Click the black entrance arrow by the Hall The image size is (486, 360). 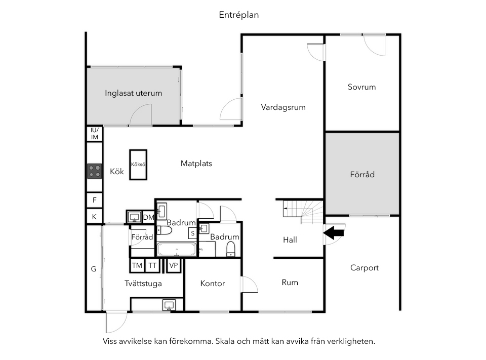point(334,232)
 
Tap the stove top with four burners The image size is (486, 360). point(95,171)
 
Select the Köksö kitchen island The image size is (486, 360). point(138,165)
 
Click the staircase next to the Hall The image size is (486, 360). point(303,212)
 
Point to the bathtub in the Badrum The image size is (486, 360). point(177,249)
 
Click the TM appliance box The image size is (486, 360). point(137,265)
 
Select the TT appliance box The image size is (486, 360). point(152,265)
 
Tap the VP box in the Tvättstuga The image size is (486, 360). point(174,265)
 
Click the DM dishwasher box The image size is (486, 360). point(148,217)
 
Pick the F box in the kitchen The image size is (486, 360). point(95,200)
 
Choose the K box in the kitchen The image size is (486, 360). point(95,217)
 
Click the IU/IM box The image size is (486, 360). point(95,134)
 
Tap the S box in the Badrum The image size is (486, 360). point(192,233)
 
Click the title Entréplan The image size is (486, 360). point(238,15)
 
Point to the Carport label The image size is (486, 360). point(364,268)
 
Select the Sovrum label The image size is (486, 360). point(361,87)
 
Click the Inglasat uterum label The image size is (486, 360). point(133,93)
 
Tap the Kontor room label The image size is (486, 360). point(213,284)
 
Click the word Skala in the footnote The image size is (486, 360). point(225,341)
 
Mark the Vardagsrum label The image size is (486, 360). point(283,108)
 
